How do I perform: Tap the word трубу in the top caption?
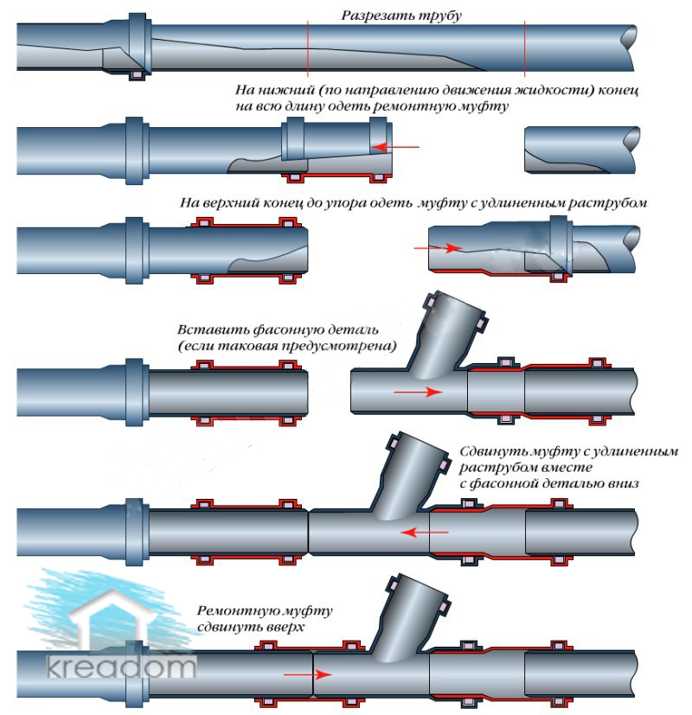click(439, 16)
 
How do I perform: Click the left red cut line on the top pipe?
click(308, 48)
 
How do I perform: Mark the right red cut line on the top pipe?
click(524, 48)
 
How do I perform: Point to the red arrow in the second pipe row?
click(395, 147)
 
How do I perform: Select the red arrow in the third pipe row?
click(438, 248)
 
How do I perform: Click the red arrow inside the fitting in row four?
click(418, 392)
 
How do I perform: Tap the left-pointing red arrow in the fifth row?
click(424, 532)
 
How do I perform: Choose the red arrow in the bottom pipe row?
click(307, 674)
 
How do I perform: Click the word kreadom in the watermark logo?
click(122, 666)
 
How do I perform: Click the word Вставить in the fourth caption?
click(213, 329)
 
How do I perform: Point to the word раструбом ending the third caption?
click(607, 203)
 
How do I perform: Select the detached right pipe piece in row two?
click(581, 150)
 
